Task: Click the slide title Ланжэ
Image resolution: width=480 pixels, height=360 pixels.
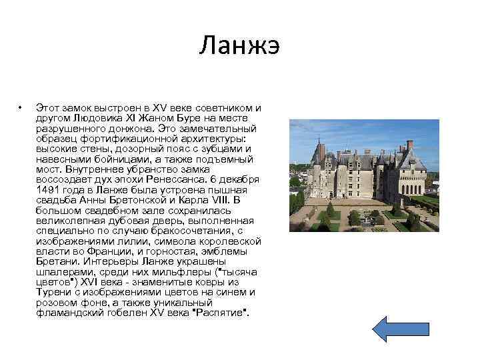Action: (x=239, y=47)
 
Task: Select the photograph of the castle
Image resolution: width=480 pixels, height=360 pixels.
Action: (x=363, y=175)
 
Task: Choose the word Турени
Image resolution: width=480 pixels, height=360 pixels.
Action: (x=53, y=291)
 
